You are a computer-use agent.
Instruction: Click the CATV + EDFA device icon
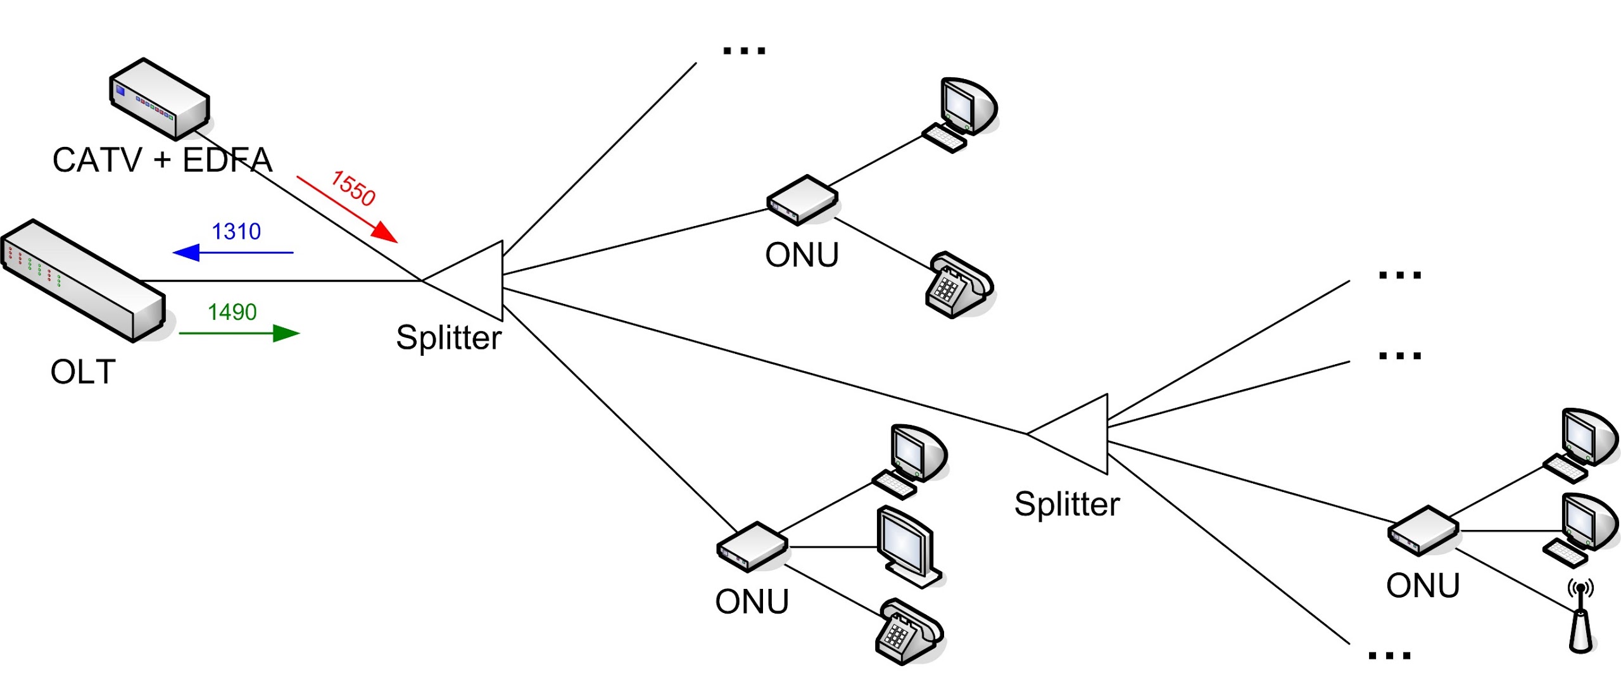coord(160,99)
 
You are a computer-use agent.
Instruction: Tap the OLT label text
coord(83,372)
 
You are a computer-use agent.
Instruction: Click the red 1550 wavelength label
coord(353,188)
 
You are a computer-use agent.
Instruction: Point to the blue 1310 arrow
coord(233,253)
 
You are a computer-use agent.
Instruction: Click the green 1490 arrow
coord(239,333)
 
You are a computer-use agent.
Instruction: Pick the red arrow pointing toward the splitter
coord(347,210)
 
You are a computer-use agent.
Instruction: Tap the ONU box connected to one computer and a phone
coord(802,200)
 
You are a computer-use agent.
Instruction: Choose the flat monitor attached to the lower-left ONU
coord(909,547)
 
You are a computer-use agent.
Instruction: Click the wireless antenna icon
coord(1581,617)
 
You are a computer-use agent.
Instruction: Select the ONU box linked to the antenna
coord(1423,531)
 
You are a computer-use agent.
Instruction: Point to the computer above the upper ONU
coord(959,115)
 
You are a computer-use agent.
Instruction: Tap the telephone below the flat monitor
coord(909,631)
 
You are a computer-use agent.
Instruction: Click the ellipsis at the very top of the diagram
coord(744,51)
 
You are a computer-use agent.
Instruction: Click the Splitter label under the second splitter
coord(1067,504)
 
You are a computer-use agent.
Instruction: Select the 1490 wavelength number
coord(232,312)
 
